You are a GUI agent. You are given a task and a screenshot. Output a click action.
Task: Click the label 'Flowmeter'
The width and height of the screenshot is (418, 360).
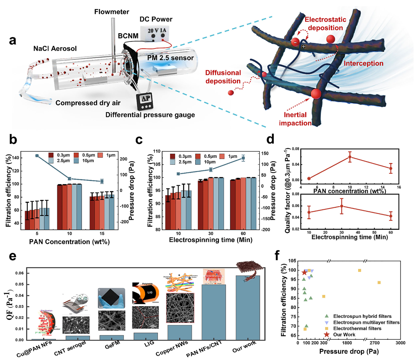click(112, 12)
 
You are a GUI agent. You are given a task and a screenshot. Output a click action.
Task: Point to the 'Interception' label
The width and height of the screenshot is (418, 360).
click(363, 63)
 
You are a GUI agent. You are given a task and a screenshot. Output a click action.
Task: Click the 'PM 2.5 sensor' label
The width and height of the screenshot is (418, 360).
click(171, 58)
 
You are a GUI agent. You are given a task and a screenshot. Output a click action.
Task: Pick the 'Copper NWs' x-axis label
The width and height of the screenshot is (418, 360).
click(173, 349)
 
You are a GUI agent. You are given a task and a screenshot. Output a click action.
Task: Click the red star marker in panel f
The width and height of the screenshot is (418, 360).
click(305, 272)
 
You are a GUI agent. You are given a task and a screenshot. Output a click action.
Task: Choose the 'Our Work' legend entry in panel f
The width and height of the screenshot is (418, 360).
click(344, 334)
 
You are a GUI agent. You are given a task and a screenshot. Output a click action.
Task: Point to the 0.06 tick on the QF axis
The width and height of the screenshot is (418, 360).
click(20, 273)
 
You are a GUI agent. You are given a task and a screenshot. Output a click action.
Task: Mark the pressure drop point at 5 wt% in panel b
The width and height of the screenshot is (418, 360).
click(37, 156)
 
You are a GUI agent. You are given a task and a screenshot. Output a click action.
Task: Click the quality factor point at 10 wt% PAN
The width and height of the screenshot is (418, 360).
click(350, 157)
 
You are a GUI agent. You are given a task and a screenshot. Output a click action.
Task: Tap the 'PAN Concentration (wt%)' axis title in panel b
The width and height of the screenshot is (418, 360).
click(69, 242)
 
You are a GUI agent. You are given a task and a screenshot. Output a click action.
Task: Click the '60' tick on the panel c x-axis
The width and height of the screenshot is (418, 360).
click(243, 233)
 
